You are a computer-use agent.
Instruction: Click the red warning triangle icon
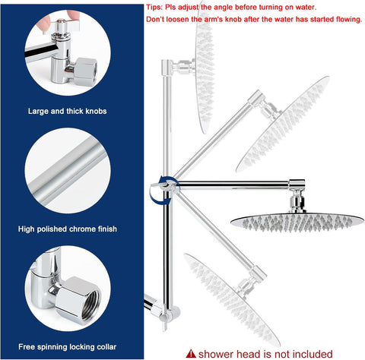(191, 353)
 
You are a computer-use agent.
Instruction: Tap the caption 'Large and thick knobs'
(67, 111)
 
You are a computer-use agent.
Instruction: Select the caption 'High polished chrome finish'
(68, 229)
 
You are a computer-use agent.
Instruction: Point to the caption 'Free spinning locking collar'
(68, 346)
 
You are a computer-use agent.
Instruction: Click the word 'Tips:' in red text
(154, 7)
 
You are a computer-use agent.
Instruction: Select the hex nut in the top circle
(85, 72)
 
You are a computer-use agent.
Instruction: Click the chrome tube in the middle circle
(67, 170)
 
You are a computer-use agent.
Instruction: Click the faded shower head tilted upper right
(283, 124)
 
